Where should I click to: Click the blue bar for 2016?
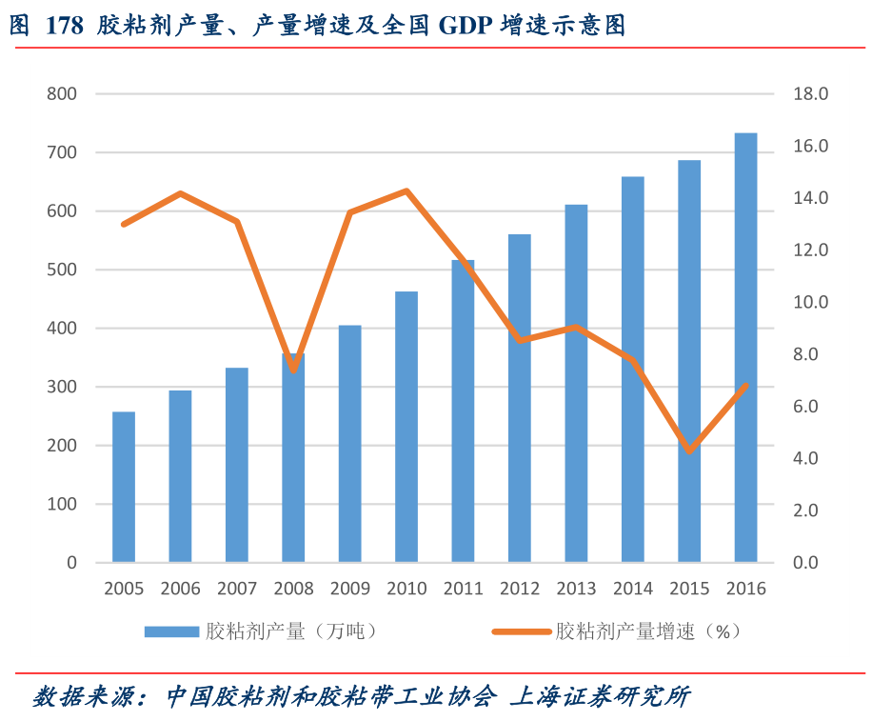pyautogui.click(x=745, y=348)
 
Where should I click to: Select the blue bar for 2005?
pyautogui.click(x=124, y=487)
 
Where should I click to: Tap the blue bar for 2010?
pyautogui.click(x=406, y=427)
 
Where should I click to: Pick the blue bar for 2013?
pyautogui.click(x=576, y=383)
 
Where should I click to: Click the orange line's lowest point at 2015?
pyautogui.click(x=689, y=451)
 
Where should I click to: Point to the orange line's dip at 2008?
pyautogui.click(x=293, y=370)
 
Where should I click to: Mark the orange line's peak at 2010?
pyautogui.click(x=406, y=191)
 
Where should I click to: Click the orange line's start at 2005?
pyautogui.click(x=124, y=224)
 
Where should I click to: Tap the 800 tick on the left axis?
pyautogui.click(x=61, y=94)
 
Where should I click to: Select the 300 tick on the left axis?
pyautogui.click(x=61, y=387)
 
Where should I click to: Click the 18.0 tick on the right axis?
pyautogui.click(x=811, y=94)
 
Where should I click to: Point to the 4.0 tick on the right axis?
pyautogui.click(x=811, y=458)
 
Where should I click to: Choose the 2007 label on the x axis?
pyautogui.click(x=237, y=589)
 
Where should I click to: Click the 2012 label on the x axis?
pyautogui.click(x=520, y=589)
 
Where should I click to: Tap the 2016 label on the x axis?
pyautogui.click(x=745, y=589)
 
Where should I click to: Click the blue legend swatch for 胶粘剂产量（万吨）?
pyautogui.click(x=172, y=631)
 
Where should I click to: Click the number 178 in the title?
pyautogui.click(x=65, y=26)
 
